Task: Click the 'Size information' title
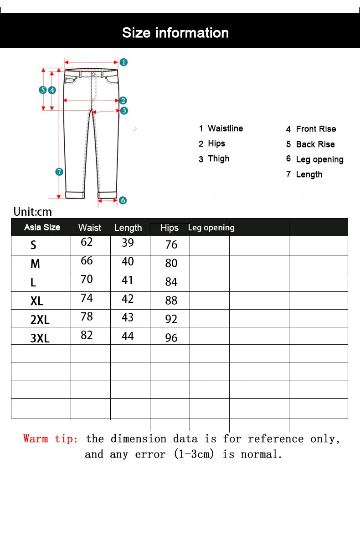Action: pyautogui.click(x=175, y=33)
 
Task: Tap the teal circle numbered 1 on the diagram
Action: pyautogui.click(x=123, y=62)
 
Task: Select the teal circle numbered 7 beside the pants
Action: pyautogui.click(x=59, y=172)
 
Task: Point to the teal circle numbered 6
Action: pyautogui.click(x=123, y=200)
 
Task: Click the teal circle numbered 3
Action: pyautogui.click(x=124, y=110)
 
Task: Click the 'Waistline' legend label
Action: pyautogui.click(x=225, y=129)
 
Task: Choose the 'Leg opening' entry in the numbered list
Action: pyautogui.click(x=319, y=159)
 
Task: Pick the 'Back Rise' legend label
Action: pyautogui.click(x=315, y=144)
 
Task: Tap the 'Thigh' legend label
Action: pyautogui.click(x=218, y=158)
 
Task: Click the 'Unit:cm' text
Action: pyautogui.click(x=33, y=212)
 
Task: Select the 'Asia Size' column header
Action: pyautogui.click(x=42, y=227)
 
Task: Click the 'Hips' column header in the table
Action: pyautogui.click(x=170, y=228)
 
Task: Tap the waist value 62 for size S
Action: pyautogui.click(x=87, y=242)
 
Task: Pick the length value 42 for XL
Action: pyautogui.click(x=128, y=299)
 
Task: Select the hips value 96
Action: pyautogui.click(x=171, y=338)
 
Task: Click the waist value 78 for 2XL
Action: pyautogui.click(x=87, y=316)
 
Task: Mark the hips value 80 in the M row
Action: pyautogui.click(x=171, y=263)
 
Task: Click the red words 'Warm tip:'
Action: pyautogui.click(x=51, y=439)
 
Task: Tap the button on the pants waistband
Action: pyautogui.click(x=93, y=74)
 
